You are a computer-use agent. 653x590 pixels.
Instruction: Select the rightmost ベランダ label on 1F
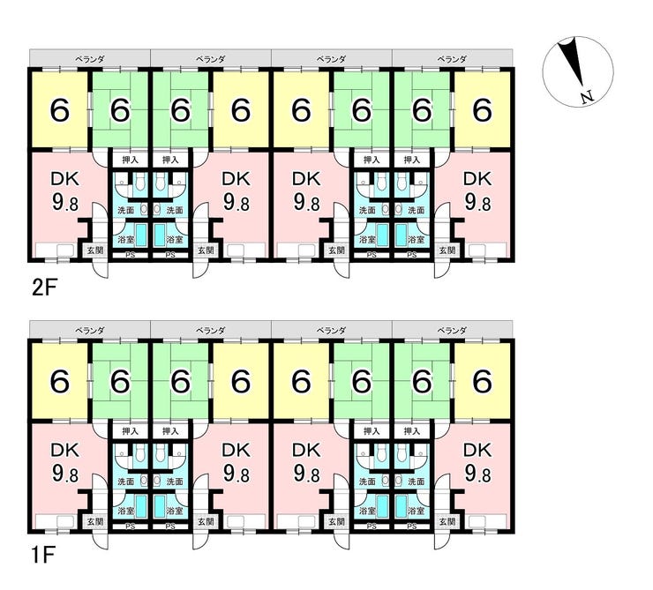[x=453, y=329]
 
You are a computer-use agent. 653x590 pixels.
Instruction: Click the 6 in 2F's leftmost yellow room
[x=60, y=110]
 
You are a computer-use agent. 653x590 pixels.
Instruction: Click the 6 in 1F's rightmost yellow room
[x=482, y=381]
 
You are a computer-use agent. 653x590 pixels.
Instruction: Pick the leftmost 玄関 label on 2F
[x=94, y=250]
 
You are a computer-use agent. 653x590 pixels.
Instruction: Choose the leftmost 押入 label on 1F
[x=131, y=430]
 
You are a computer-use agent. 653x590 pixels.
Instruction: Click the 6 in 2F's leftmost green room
[x=120, y=110]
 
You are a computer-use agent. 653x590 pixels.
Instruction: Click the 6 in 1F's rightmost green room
[x=422, y=381]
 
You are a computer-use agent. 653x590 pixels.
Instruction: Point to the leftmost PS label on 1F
[x=131, y=527]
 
